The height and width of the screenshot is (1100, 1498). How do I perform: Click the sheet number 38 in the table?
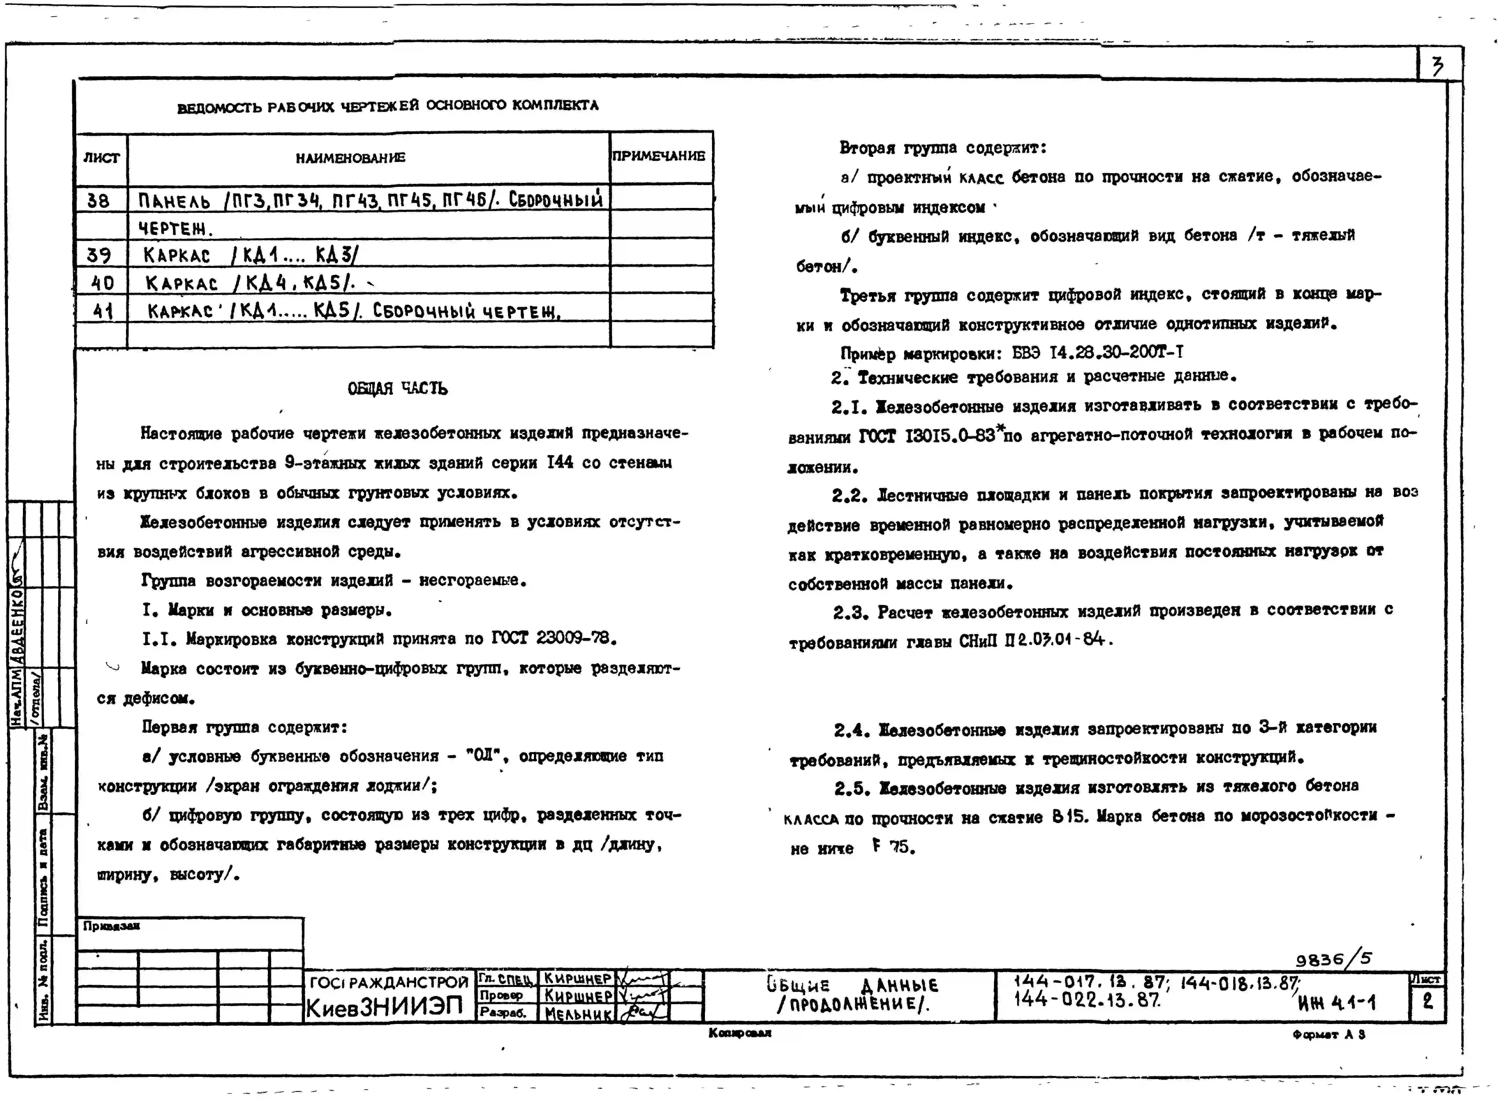(x=98, y=200)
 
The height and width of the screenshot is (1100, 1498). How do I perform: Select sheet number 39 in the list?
(x=98, y=255)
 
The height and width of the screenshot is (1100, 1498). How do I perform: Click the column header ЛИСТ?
(x=101, y=158)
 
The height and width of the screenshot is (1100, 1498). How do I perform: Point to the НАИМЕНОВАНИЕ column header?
(x=350, y=158)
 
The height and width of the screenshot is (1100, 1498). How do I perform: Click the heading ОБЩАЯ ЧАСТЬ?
(x=397, y=388)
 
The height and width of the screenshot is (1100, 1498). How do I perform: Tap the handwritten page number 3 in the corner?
(x=1438, y=66)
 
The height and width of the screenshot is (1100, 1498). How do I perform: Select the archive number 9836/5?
(x=1334, y=959)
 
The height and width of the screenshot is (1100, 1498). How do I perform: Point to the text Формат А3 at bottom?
(x=1328, y=1034)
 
